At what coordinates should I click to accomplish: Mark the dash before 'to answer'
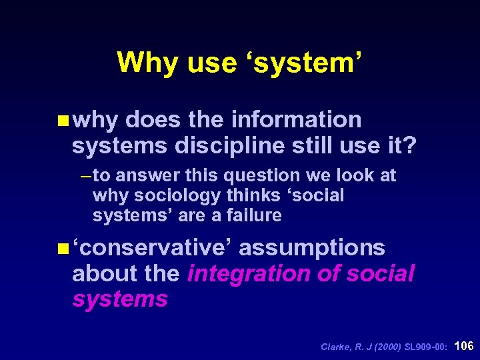[x=85, y=176]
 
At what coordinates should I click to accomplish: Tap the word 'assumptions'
[x=312, y=248]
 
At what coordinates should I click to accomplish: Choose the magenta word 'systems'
[x=119, y=299]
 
